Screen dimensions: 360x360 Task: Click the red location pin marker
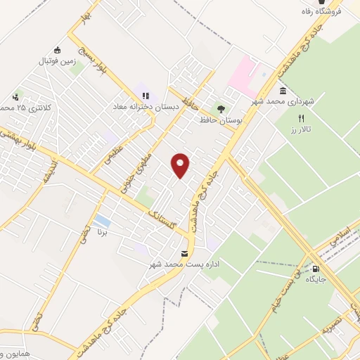coord(181,165)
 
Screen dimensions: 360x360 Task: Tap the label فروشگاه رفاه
coord(336,11)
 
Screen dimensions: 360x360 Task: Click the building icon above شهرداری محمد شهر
coord(283,91)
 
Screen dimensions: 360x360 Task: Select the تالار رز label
coord(302,131)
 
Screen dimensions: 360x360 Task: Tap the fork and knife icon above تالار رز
coord(302,119)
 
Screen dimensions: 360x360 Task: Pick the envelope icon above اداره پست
coord(185,253)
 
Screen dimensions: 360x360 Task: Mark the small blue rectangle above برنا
coord(102,221)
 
